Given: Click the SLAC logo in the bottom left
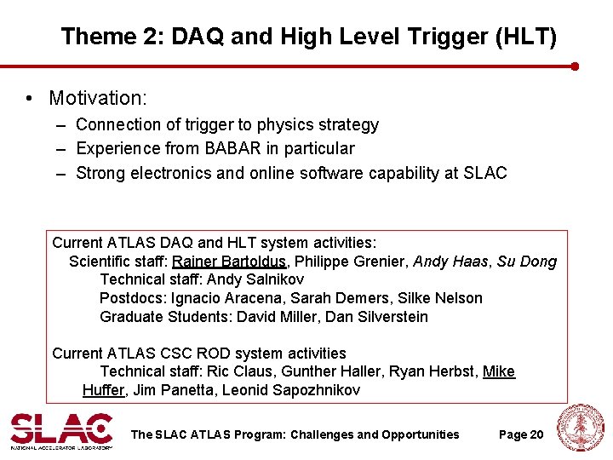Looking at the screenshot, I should coord(60,430).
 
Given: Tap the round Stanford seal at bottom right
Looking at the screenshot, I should coord(580,428).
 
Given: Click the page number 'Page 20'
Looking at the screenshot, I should coord(520,434).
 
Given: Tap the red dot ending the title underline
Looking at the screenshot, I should coord(575,66).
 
